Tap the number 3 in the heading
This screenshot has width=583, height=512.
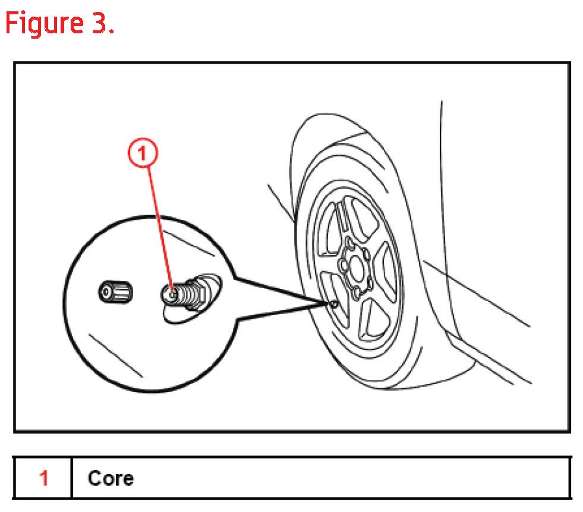97,23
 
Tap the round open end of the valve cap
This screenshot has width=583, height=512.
106,292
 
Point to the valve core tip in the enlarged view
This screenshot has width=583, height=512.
171,293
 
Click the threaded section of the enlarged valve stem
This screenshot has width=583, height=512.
189,292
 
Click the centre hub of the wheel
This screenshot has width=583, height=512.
355,268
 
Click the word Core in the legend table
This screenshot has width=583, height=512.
111,478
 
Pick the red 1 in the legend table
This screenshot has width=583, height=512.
43,478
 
